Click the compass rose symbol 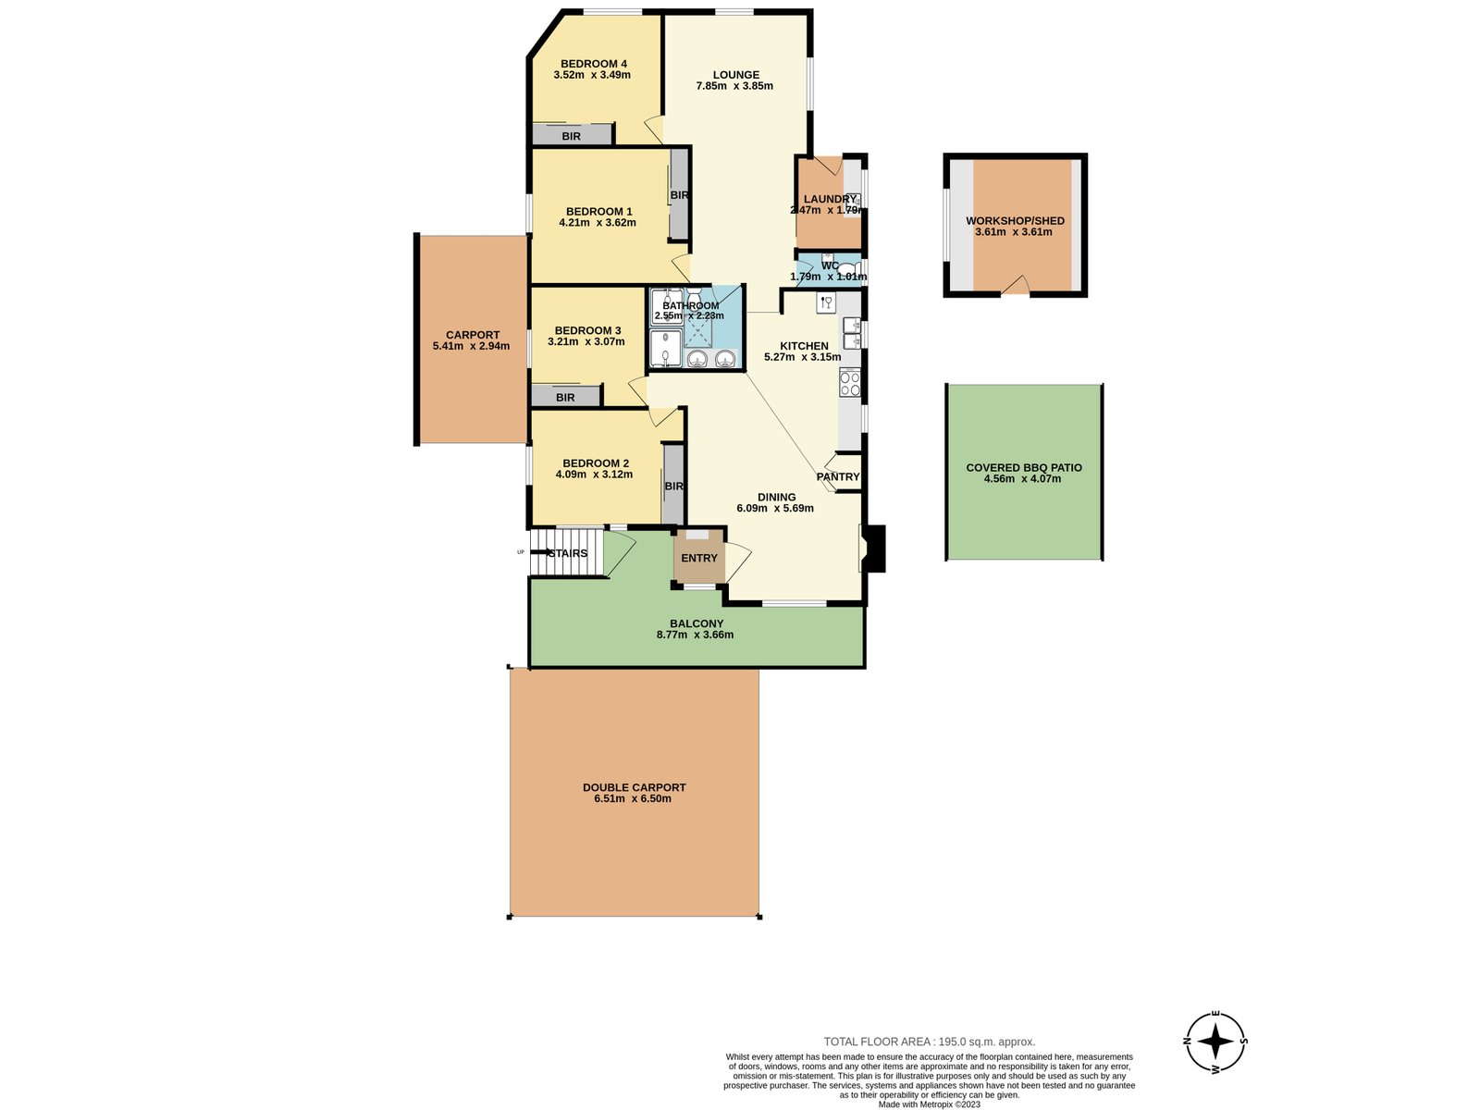(1216, 1041)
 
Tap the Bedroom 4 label (594, 64)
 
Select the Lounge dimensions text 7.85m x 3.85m (734, 86)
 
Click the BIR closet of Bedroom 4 (572, 136)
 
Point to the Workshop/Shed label (1015, 221)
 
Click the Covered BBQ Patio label (1024, 468)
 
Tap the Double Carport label (634, 788)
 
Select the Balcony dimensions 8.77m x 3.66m (695, 635)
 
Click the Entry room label (699, 558)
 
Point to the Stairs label (568, 554)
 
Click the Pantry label (838, 477)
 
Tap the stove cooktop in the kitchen (849, 381)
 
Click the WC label (830, 265)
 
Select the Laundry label (830, 199)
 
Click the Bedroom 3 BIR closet (565, 398)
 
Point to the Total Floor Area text (930, 1042)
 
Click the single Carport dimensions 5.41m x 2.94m (471, 346)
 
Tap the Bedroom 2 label (596, 463)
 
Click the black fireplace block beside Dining (875, 549)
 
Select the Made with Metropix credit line (929, 1104)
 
